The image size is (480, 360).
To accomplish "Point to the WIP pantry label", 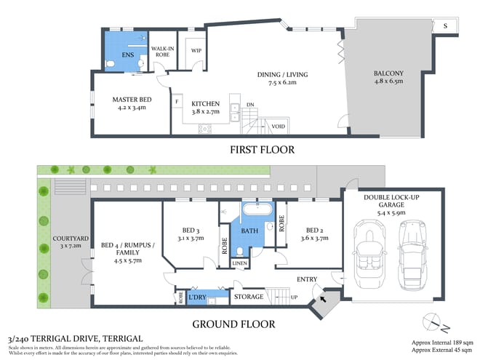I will coord(196,51).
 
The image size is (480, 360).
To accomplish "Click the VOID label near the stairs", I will coord(277,127).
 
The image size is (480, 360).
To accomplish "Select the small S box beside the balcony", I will coord(445,25).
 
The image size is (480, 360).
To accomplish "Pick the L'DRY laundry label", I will coord(197,297).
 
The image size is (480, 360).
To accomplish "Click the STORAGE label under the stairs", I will coord(248,297).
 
